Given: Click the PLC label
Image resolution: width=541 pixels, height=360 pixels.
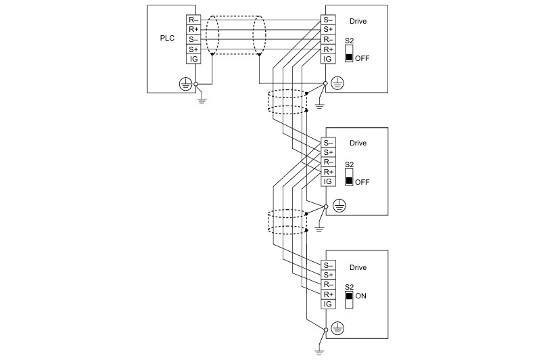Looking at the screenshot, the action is click(167, 38).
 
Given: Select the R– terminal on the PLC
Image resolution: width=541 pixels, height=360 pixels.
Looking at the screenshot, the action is click(193, 20).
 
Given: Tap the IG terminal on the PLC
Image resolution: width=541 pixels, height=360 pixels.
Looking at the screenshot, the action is click(193, 59).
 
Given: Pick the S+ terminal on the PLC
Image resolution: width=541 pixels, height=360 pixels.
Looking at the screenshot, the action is click(193, 49).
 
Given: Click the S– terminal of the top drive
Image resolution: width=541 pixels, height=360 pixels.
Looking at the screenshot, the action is click(328, 20).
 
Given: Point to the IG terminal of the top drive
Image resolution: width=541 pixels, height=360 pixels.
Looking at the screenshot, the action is click(328, 59).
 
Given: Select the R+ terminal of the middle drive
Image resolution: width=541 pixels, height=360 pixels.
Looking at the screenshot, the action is click(328, 172).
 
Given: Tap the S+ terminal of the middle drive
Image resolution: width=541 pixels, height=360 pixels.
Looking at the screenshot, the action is click(328, 152).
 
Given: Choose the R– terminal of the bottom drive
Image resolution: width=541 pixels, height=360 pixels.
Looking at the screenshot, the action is click(328, 284).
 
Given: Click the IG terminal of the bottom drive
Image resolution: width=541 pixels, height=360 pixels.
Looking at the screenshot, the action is click(328, 304).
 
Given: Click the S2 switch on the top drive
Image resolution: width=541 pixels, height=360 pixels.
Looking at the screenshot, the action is click(349, 54).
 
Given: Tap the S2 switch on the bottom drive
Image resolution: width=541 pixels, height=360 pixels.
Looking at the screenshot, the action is click(349, 300).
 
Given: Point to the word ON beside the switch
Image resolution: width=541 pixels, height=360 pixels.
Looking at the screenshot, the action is click(361, 296).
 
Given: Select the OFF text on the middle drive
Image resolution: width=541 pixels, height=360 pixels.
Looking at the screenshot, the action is click(362, 182).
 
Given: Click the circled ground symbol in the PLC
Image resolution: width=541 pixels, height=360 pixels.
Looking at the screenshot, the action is click(185, 84).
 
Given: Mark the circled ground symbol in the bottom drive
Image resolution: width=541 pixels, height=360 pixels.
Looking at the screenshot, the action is click(337, 329).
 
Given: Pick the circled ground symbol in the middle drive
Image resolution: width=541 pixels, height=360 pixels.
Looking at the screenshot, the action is click(339, 206).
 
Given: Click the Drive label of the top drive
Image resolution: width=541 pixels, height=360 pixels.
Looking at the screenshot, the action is click(358, 22).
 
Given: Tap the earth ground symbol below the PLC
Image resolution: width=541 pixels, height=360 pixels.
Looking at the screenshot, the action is click(202, 101).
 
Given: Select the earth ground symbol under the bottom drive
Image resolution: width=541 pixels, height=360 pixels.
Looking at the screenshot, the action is click(319, 352).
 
